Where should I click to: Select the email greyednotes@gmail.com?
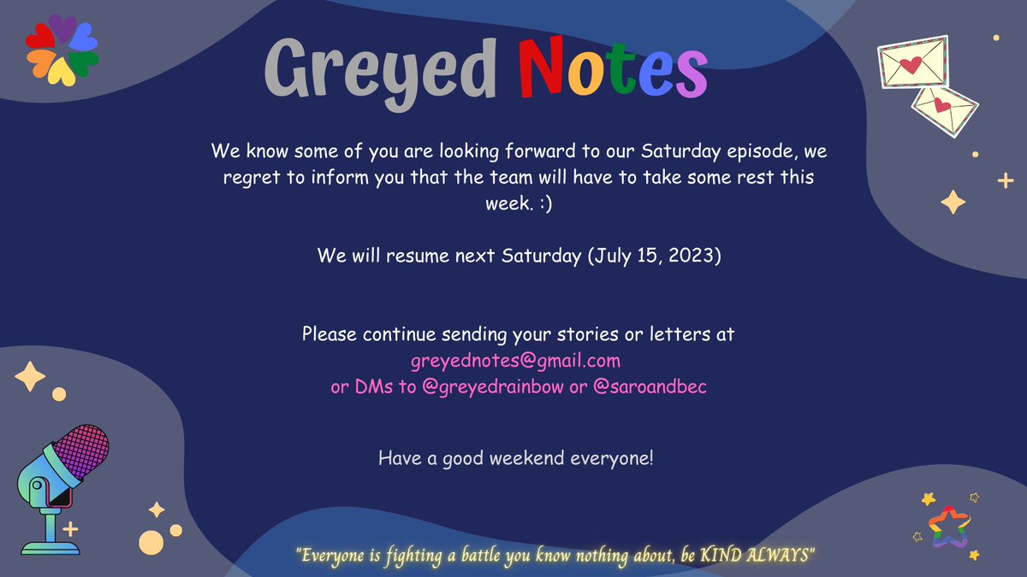tap(515, 361)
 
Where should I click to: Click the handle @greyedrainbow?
tap(493, 386)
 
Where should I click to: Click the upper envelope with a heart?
tap(914, 62)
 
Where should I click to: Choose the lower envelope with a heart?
tap(944, 109)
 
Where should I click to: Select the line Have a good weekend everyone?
tap(515, 458)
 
